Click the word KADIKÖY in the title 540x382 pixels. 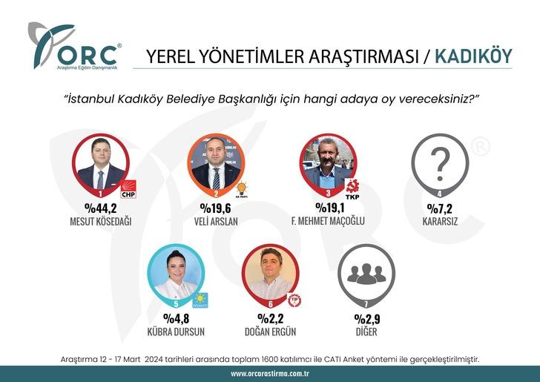tap(472, 56)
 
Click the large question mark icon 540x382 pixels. tap(441, 162)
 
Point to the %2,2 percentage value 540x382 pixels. tap(270, 320)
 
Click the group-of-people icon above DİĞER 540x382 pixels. tap(366, 273)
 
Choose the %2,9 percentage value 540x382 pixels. tap(366, 320)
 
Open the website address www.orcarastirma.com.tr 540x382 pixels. tap(270, 373)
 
